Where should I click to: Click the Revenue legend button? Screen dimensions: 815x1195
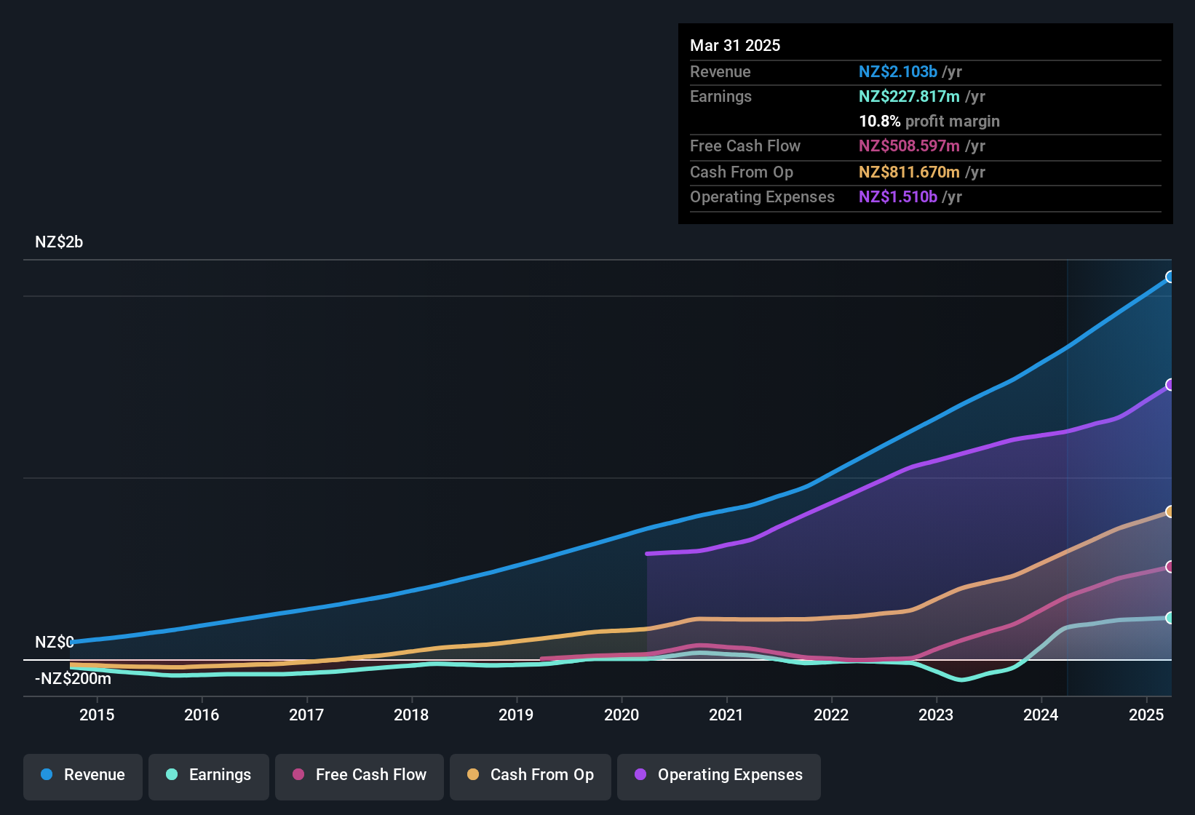pyautogui.click(x=83, y=775)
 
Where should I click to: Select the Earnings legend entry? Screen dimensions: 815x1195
pyautogui.click(x=209, y=775)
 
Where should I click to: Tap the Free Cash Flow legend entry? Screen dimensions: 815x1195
pyautogui.click(x=360, y=775)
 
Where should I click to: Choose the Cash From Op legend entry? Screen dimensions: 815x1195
pyautogui.click(x=531, y=775)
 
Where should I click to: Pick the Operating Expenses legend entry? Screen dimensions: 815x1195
pyautogui.click(x=719, y=775)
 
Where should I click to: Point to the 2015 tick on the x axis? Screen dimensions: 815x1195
pyautogui.click(x=97, y=715)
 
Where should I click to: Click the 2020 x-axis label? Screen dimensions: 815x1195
pyautogui.click(x=622, y=715)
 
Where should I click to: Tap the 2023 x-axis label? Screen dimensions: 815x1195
pyautogui.click(x=936, y=715)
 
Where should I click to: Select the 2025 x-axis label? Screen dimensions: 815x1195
pyautogui.click(x=1146, y=715)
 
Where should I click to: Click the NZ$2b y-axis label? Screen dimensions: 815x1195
pyautogui.click(x=59, y=242)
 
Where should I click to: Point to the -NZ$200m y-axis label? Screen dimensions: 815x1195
pyautogui.click(x=73, y=679)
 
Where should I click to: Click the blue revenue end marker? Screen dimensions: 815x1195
pyautogui.click(x=1170, y=277)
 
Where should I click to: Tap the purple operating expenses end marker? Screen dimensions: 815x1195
pyautogui.click(x=1170, y=384)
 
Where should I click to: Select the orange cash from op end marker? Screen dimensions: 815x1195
pyautogui.click(x=1170, y=512)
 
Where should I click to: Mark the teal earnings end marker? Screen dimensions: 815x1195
pyautogui.click(x=1170, y=618)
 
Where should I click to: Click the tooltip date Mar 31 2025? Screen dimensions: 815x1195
pyautogui.click(x=735, y=46)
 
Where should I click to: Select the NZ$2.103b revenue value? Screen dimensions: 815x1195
pyautogui.click(x=897, y=72)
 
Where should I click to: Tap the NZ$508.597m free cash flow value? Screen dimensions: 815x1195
pyautogui.click(x=909, y=146)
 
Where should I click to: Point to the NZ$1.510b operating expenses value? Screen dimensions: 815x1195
pyautogui.click(x=897, y=197)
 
